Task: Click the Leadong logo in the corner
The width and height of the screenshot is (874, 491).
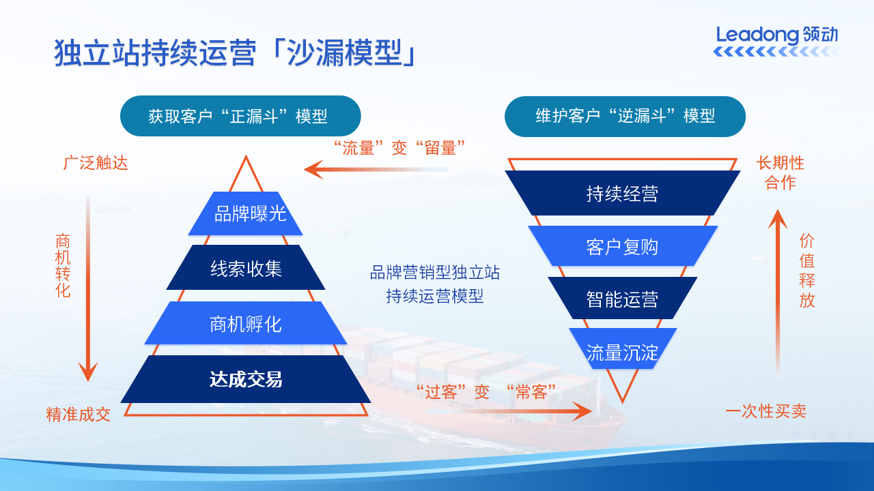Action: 776,41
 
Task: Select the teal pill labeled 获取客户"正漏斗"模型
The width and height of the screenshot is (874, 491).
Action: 240,116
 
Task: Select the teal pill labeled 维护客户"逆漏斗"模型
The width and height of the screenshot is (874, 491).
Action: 624,116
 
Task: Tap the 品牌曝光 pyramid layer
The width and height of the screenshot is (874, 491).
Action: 246,213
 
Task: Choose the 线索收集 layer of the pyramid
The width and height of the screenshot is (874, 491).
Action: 246,268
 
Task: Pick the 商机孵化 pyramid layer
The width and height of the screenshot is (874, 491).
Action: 246,323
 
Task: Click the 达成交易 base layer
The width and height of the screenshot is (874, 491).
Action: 246,379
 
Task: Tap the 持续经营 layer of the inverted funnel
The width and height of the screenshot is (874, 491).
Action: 622,193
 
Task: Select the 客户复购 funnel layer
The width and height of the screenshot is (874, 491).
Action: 622,246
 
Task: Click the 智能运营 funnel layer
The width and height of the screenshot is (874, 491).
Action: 622,299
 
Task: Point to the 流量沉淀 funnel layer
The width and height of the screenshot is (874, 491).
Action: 622,352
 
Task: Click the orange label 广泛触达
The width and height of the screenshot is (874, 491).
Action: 96,164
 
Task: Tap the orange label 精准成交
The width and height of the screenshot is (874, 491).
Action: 79,414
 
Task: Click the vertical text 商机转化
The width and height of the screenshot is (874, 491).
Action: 63,266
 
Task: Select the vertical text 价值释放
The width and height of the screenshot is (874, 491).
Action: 807,271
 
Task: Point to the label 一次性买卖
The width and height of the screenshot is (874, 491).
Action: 765,411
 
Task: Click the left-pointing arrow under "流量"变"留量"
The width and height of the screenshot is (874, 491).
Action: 376,168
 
